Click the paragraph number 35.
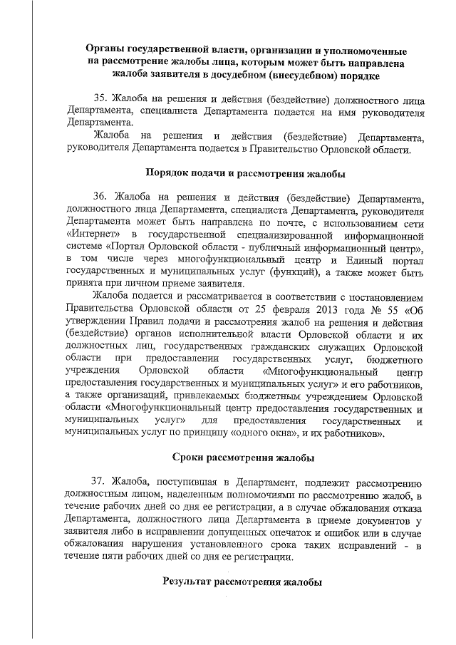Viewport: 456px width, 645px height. tap(100, 98)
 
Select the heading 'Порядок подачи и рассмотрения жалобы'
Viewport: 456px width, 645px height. tap(246, 172)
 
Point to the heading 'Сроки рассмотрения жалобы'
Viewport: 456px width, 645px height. tap(246, 458)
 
